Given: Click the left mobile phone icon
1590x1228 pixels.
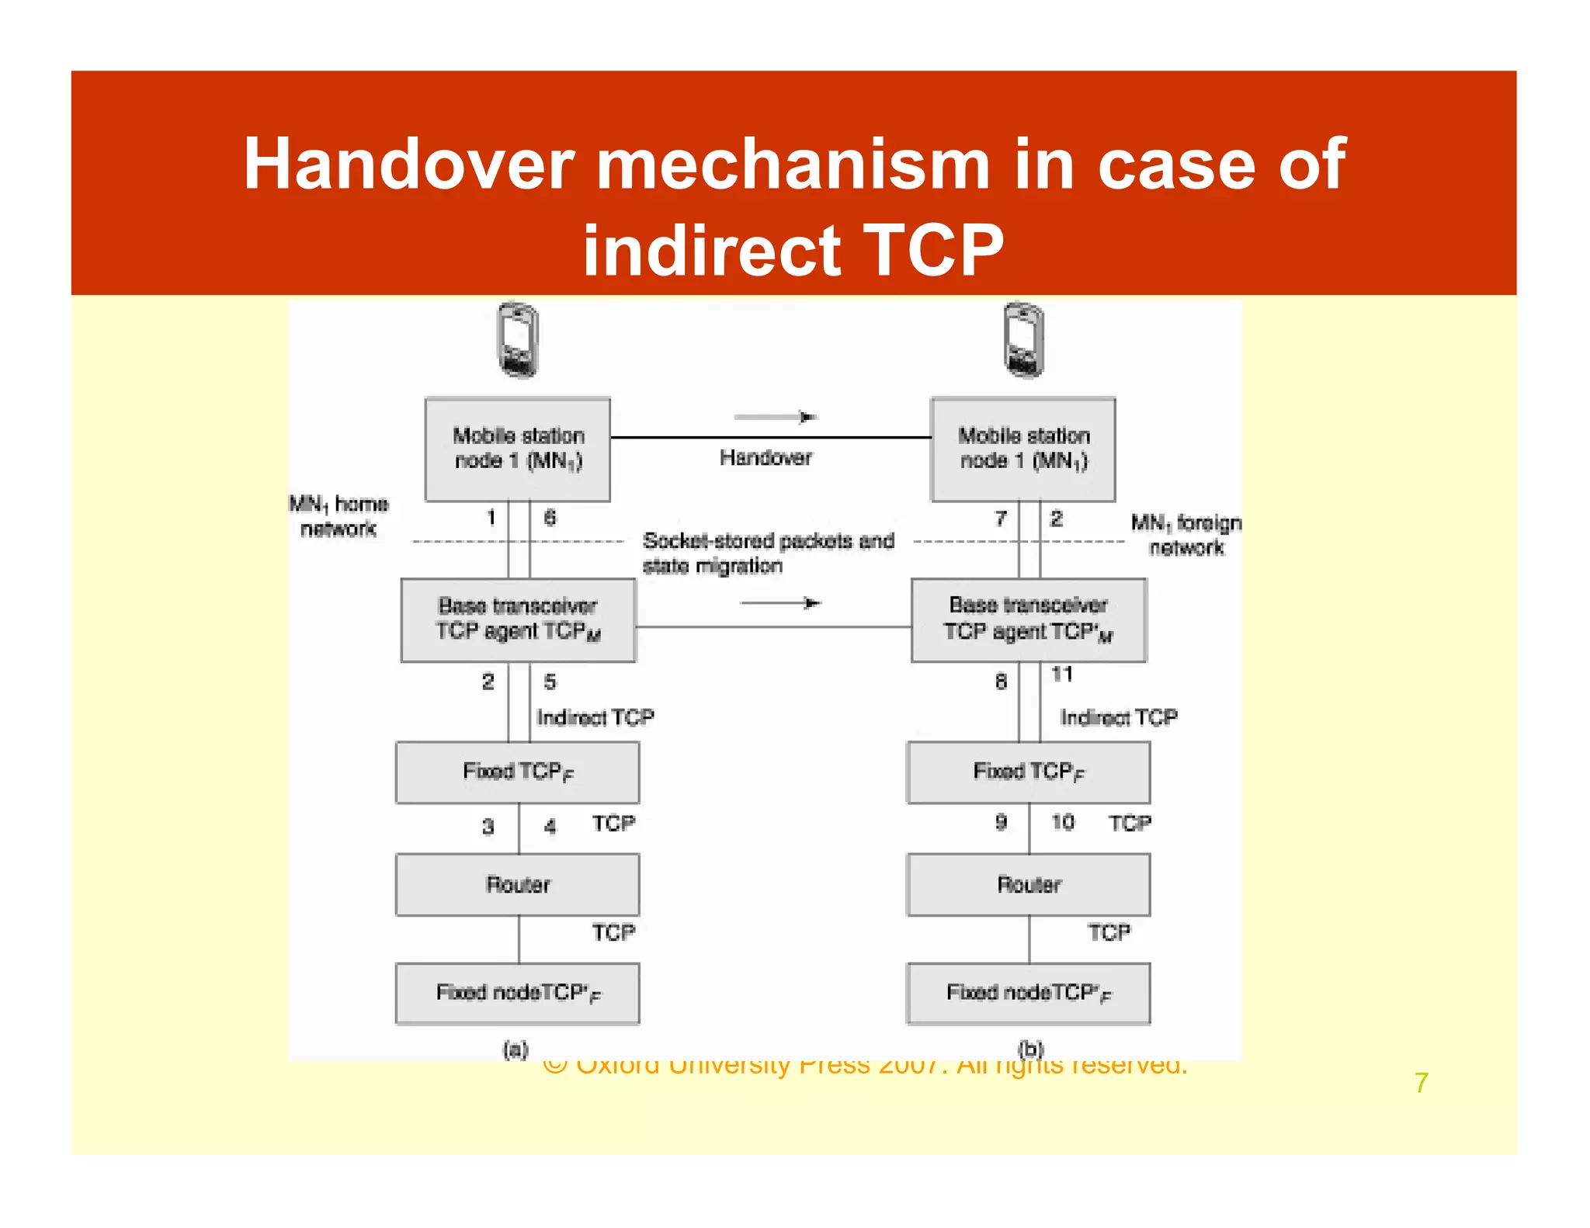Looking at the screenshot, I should point(518,340).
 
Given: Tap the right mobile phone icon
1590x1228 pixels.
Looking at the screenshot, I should point(1023,340).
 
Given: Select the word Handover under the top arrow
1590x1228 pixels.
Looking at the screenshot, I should point(765,457).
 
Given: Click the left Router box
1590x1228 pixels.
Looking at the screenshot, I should point(518,884).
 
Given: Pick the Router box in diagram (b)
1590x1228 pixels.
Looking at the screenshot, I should point(1029,884).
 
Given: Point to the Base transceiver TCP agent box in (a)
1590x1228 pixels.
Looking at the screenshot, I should point(518,619).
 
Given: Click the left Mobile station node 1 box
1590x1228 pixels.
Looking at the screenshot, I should point(518,449).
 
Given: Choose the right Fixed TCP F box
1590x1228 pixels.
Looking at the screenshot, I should point(1029,772).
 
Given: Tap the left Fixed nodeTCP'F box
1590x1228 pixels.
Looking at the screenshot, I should point(518,993).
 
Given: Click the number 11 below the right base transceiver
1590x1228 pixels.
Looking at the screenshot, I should point(1062,674).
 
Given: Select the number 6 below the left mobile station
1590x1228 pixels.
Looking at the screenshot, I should point(550,518).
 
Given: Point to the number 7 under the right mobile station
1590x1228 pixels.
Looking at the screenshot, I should point(1001,518).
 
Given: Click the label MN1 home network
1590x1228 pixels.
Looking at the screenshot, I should point(338,516).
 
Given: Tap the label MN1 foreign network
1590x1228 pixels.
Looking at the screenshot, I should point(1186,535).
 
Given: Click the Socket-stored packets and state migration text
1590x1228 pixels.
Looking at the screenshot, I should point(767,553).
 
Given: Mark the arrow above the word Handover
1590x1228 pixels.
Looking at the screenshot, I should point(775,417).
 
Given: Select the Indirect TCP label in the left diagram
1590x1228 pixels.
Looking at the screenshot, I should point(595,717).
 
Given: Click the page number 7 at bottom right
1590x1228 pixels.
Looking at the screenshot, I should point(1421,1082).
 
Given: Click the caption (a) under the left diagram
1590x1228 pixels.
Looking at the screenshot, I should point(516,1050).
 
